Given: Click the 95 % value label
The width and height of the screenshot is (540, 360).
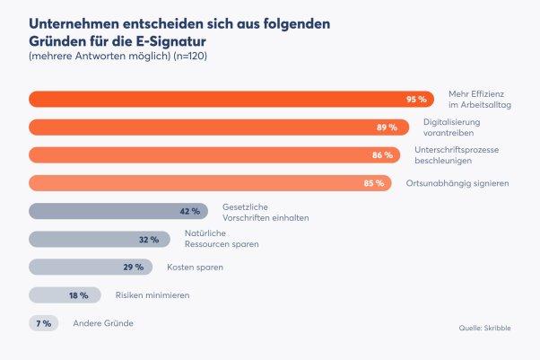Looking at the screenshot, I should pos(415,100).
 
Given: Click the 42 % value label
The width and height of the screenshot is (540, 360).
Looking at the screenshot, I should pos(190,211).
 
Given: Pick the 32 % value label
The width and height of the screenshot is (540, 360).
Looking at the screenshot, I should pos(149,240).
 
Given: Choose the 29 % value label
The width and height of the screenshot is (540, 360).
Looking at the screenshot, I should pos(134,268).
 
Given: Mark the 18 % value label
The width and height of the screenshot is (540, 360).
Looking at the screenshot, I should pos(79,295).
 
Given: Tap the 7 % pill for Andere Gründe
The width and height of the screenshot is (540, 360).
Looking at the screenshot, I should pos(43,323).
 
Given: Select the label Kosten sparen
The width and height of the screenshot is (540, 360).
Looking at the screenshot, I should pos(195,268).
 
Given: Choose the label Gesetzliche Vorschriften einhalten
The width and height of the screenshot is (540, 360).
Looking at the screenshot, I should pos(259,212).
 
